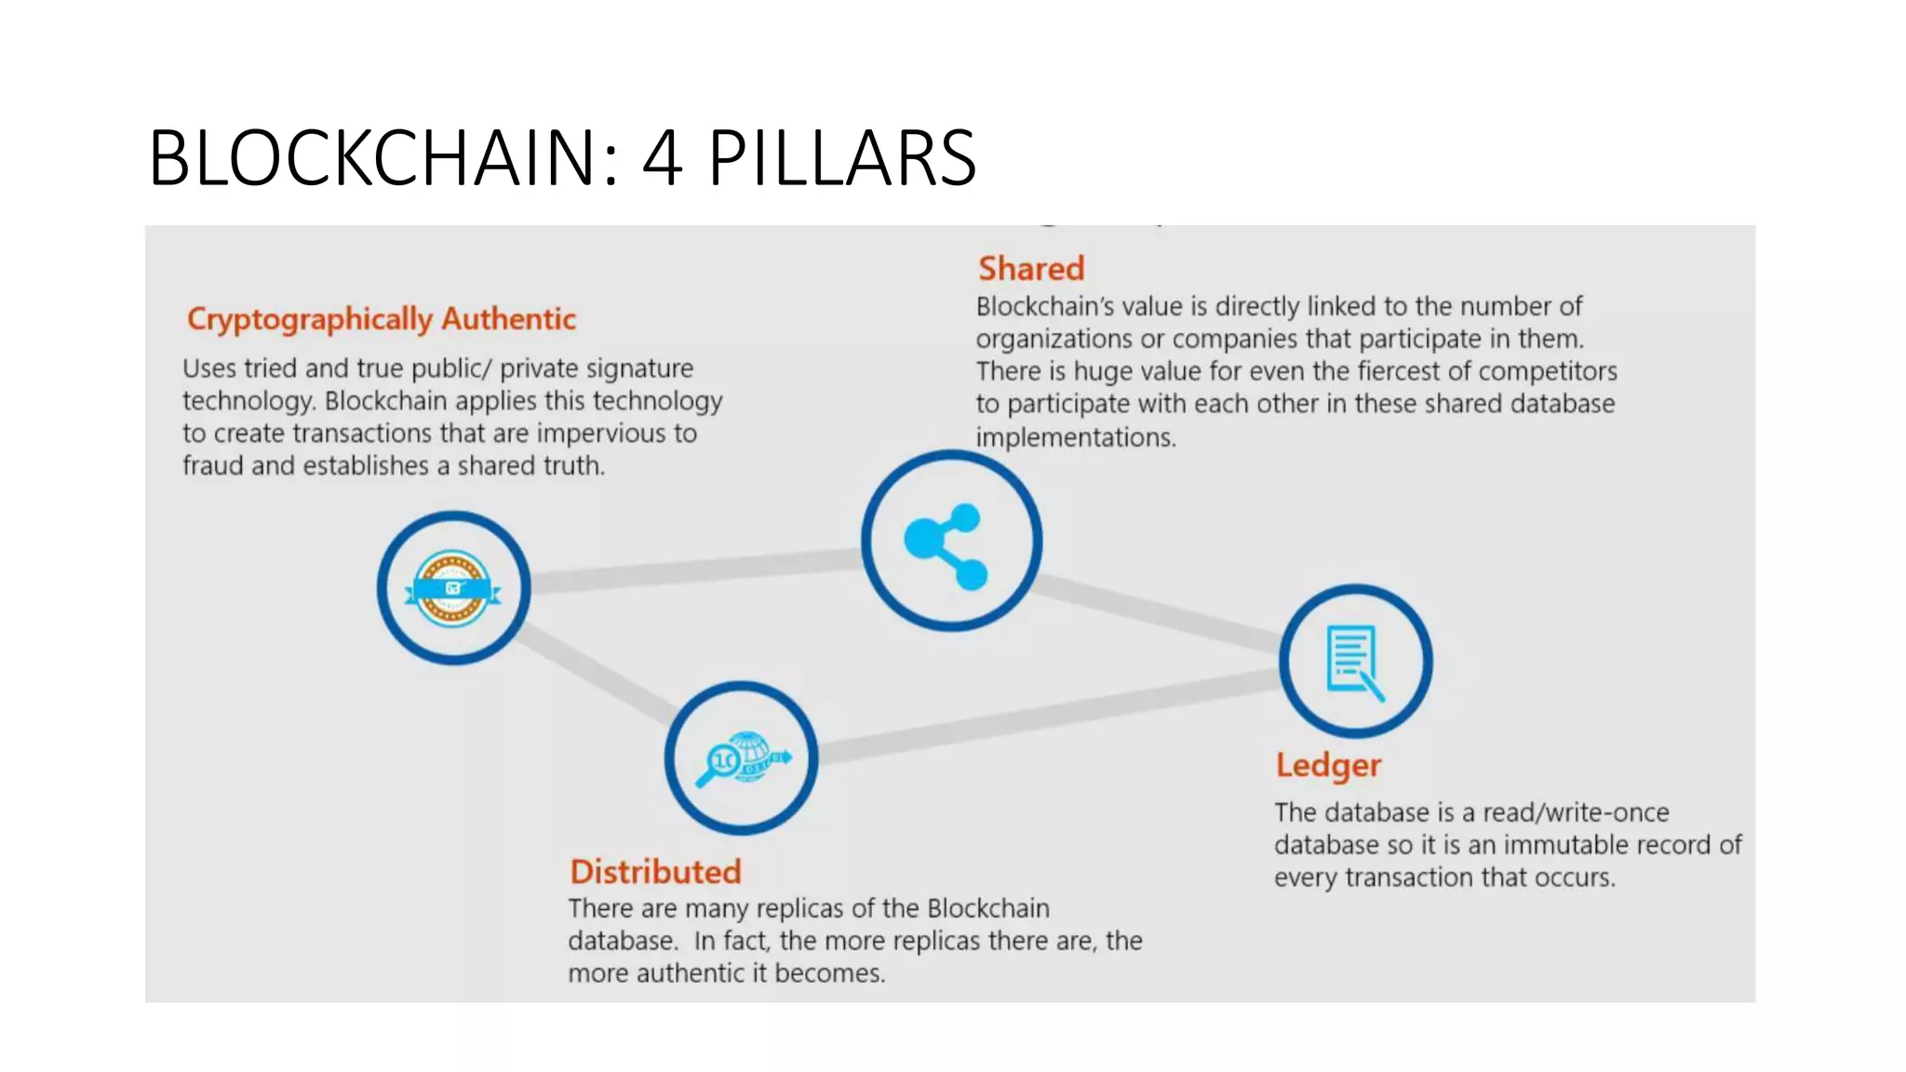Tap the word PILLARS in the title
coord(842,157)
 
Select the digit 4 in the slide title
coord(662,157)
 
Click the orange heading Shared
coord(1031,269)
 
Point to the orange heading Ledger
coord(1328,765)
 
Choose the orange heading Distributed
coord(655,872)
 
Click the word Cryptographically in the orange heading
coord(310,319)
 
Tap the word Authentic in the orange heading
coord(508,319)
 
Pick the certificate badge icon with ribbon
coord(453,588)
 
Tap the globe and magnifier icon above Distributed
coord(742,757)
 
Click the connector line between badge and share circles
coord(695,569)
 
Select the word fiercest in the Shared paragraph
coord(1399,371)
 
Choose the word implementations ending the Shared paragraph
coord(1075,437)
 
